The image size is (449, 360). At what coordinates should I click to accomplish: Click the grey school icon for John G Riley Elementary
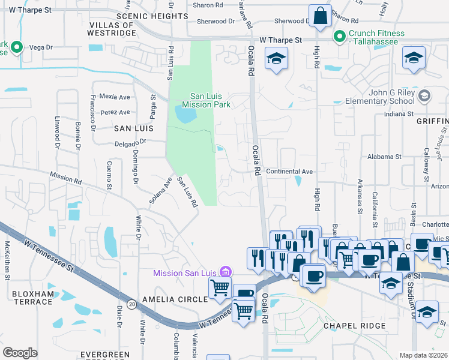(x=424, y=96)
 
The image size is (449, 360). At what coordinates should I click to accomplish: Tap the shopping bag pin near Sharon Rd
(x=321, y=17)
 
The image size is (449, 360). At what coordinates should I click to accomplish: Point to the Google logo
(x=20, y=352)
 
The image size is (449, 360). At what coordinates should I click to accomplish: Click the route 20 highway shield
(x=131, y=305)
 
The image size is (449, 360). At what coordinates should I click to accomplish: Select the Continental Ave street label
(x=289, y=172)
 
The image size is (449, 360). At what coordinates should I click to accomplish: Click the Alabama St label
(x=384, y=157)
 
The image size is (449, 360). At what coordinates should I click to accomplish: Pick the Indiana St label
(x=399, y=113)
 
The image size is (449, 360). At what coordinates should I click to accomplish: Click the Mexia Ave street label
(x=115, y=96)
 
